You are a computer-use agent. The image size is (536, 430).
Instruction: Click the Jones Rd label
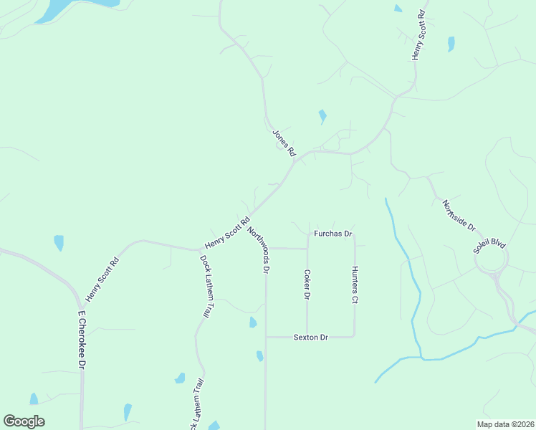tap(284, 143)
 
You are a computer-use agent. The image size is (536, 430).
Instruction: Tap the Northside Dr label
tap(459, 215)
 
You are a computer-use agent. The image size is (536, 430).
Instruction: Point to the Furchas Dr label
tap(333, 234)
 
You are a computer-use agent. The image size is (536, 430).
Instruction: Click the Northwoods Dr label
tap(258, 250)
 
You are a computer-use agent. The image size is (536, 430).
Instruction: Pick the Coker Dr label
tap(307, 285)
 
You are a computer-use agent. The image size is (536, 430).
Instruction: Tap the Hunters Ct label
tap(354, 285)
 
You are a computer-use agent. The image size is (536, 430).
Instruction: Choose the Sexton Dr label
tap(310, 337)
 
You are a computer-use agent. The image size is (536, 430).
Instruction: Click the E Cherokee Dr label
tap(82, 340)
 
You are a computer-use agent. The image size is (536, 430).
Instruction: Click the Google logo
tap(24, 421)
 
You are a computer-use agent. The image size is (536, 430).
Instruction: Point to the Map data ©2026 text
tap(505, 424)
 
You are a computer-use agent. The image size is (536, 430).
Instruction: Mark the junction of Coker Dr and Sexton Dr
tap(307, 336)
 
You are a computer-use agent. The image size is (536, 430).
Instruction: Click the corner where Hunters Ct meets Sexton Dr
tap(354, 335)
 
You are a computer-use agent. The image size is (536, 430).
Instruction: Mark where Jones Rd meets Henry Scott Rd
tap(296, 159)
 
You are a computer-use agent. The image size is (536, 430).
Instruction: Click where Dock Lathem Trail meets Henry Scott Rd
tap(200, 249)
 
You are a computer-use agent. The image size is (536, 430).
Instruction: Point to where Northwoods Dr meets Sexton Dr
tap(266, 336)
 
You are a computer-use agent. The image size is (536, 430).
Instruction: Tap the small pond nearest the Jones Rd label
tap(322, 115)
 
